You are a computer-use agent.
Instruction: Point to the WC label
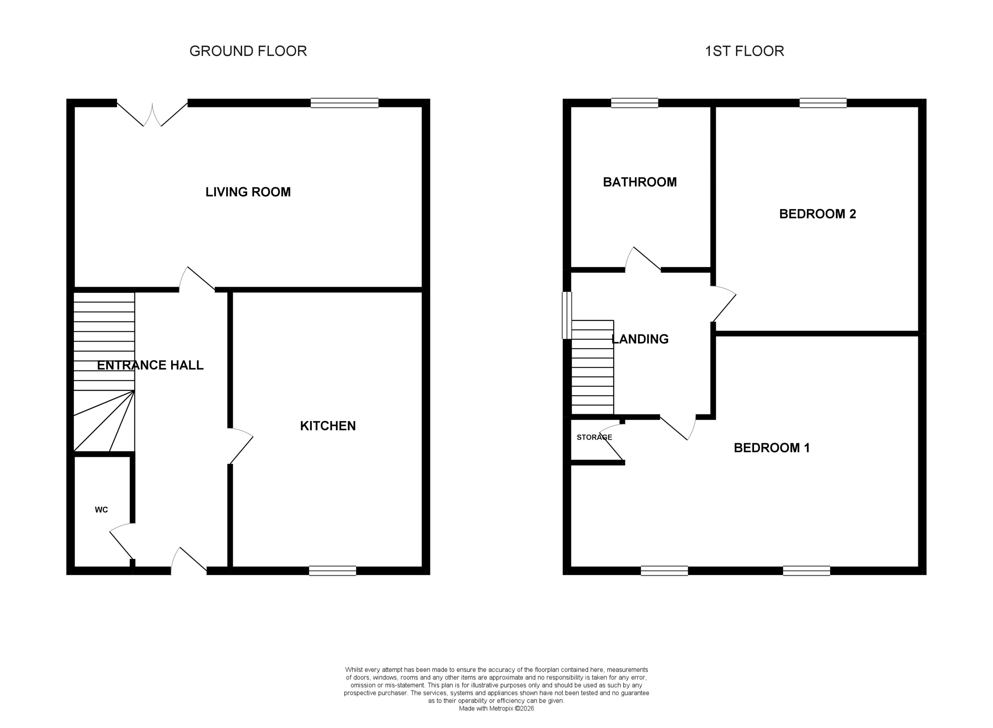[x=101, y=510]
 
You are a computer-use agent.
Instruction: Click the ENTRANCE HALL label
[x=150, y=365]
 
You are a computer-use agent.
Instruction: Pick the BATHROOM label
[x=640, y=182]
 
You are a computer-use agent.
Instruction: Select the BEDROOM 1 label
[x=771, y=448]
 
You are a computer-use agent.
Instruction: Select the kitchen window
[x=332, y=571]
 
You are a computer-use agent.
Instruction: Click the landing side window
[x=567, y=315]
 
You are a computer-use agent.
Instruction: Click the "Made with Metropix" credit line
[x=496, y=709]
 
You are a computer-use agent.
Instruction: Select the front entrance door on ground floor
[x=189, y=562]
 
